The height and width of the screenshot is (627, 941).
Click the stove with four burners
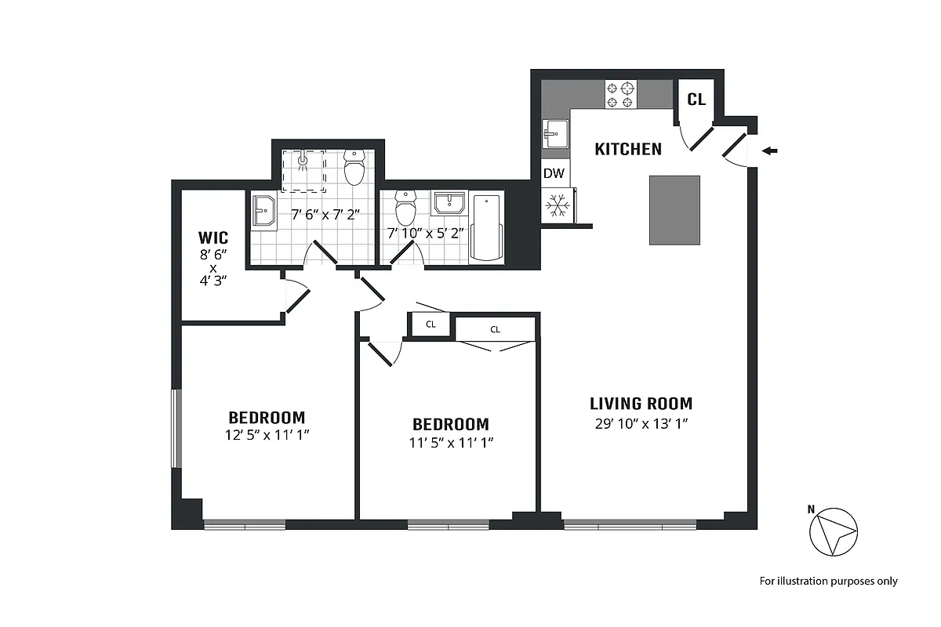[x=619, y=95]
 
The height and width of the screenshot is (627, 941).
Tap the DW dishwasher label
[x=554, y=173]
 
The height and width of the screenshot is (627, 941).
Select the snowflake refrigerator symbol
[x=558, y=205]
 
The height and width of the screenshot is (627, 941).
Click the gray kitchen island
[x=674, y=210]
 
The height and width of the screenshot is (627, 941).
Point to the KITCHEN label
[x=628, y=149]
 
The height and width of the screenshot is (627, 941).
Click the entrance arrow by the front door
[x=772, y=150]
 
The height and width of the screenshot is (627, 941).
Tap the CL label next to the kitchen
[x=696, y=100]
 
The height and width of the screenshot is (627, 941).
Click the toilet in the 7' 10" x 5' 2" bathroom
[x=405, y=208]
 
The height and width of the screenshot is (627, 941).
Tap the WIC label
[x=213, y=237]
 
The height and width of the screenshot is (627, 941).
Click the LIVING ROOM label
[x=641, y=404]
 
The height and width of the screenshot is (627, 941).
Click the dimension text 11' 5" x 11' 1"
[x=450, y=442]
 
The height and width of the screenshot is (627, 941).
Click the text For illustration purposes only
[x=828, y=581]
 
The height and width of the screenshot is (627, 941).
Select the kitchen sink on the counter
[x=555, y=133]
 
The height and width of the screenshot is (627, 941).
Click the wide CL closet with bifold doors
[x=496, y=330]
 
